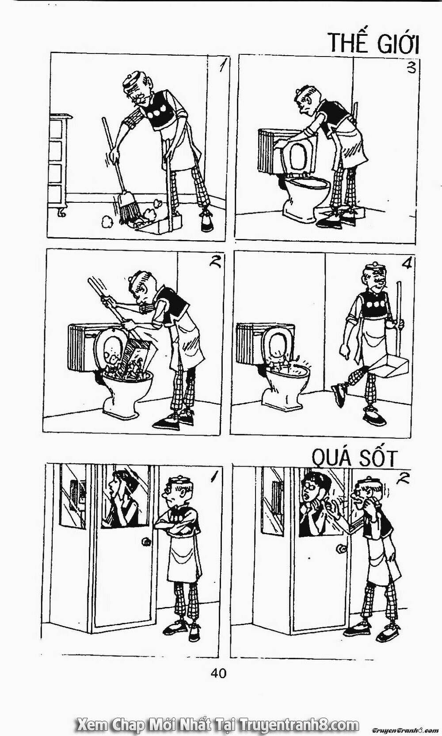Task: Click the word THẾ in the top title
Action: tap(349, 42)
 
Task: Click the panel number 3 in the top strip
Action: tap(411, 68)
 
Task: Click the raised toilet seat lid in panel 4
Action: tap(278, 344)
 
